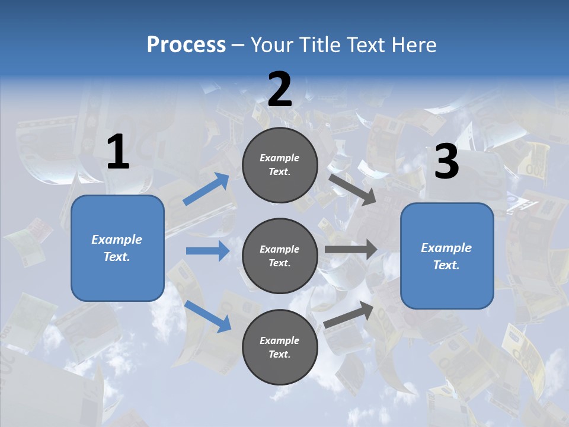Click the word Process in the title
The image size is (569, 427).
186,44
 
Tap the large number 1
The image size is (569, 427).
118,152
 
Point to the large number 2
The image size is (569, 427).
280,90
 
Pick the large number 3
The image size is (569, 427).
446,162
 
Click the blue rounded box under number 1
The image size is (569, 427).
117,248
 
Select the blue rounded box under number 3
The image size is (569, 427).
447,256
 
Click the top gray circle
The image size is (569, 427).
280,165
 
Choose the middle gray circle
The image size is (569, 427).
280,256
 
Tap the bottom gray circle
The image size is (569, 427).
280,348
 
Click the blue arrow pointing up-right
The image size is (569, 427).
206,189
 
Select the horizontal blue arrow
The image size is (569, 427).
207,251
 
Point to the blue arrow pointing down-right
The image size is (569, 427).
208,316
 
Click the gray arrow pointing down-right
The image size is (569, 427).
353,189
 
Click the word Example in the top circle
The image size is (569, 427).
280,158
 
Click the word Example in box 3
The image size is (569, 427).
446,248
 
